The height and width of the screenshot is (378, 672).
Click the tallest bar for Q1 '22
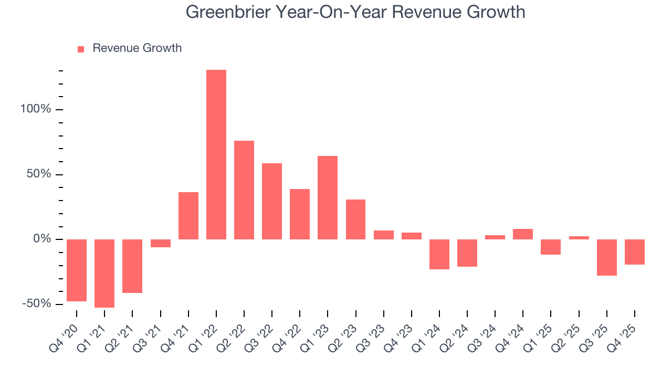(x=216, y=154)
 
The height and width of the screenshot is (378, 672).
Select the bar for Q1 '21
(x=104, y=273)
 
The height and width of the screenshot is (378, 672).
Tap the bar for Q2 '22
(x=244, y=190)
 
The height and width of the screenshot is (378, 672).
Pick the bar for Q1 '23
(x=328, y=197)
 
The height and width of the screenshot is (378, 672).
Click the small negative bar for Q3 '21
(x=160, y=243)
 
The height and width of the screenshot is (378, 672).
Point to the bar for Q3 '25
(x=606, y=257)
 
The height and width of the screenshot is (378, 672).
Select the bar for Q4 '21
(x=188, y=216)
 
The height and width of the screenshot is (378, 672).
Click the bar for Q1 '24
(x=439, y=254)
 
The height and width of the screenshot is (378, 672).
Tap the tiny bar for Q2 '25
(x=579, y=238)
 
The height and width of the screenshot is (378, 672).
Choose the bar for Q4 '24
(x=523, y=234)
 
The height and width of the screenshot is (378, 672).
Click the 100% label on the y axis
(x=36, y=109)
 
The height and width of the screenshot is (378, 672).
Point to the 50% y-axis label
(x=39, y=174)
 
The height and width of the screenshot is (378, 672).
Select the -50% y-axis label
(x=37, y=304)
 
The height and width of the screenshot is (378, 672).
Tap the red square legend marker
(x=81, y=49)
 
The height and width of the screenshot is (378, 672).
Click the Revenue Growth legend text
(x=137, y=48)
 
